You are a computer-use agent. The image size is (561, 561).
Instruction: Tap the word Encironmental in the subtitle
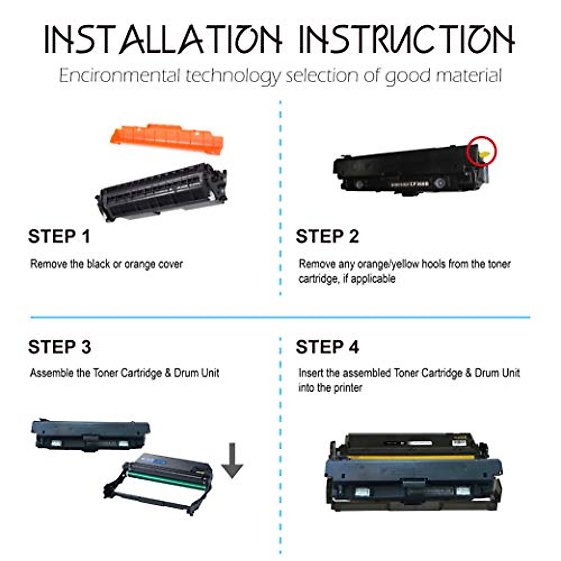coord(119,76)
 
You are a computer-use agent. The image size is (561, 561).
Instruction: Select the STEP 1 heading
coord(59,237)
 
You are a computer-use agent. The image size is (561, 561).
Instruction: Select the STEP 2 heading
coord(327,237)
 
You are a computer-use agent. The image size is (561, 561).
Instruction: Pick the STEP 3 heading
coord(59,347)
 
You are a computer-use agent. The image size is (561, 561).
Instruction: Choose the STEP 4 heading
coord(327,347)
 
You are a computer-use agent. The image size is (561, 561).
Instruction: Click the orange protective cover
coord(167,138)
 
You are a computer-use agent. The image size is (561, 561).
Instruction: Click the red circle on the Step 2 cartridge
coord(482,151)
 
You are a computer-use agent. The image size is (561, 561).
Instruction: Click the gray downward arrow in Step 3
coord(232,460)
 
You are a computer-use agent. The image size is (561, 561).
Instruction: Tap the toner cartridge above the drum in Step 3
coord(91,435)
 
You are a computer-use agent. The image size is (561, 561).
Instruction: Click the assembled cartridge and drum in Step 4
coord(414,472)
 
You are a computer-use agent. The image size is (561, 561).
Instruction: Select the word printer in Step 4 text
coord(347,388)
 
